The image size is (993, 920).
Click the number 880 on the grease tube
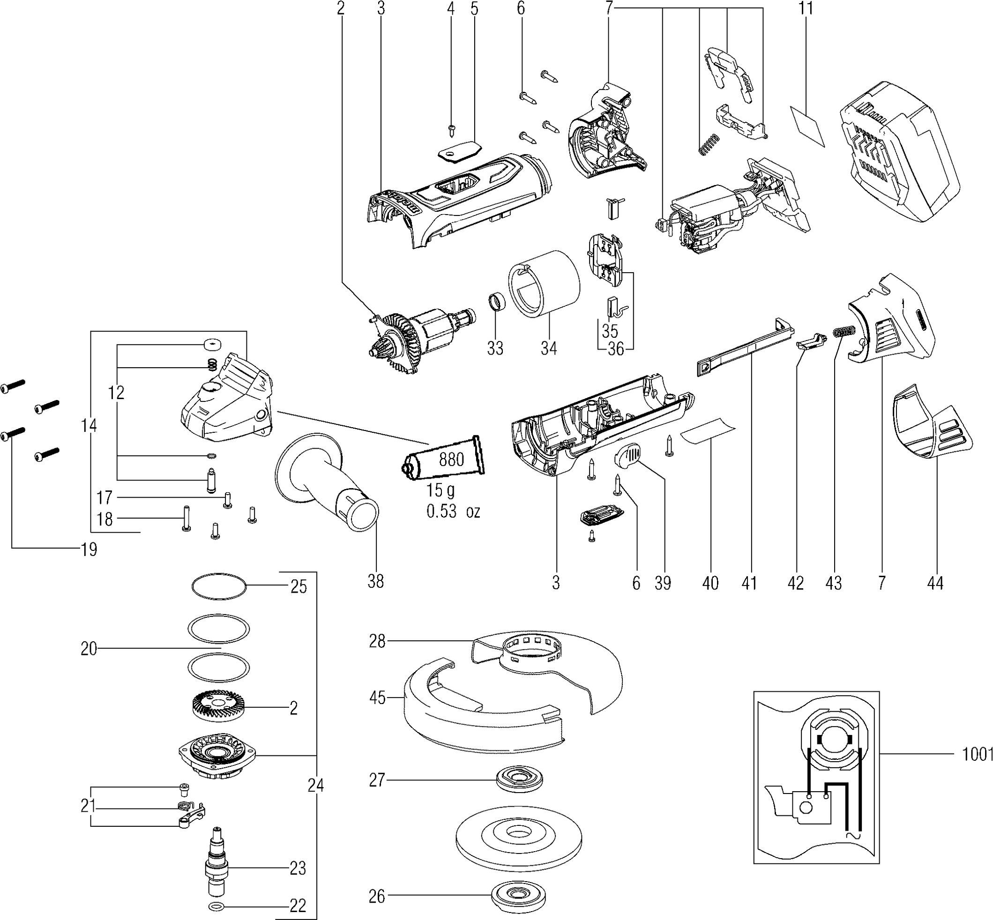[x=451, y=459]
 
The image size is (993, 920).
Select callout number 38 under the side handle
[x=376, y=581]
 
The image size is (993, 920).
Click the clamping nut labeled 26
[x=518, y=896]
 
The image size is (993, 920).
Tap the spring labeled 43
[x=844, y=331]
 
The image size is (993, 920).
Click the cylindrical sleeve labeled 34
[x=545, y=283]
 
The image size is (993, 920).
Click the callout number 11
[x=806, y=8]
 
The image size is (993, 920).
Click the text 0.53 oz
[x=453, y=511]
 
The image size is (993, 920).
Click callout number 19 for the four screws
[x=89, y=549]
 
